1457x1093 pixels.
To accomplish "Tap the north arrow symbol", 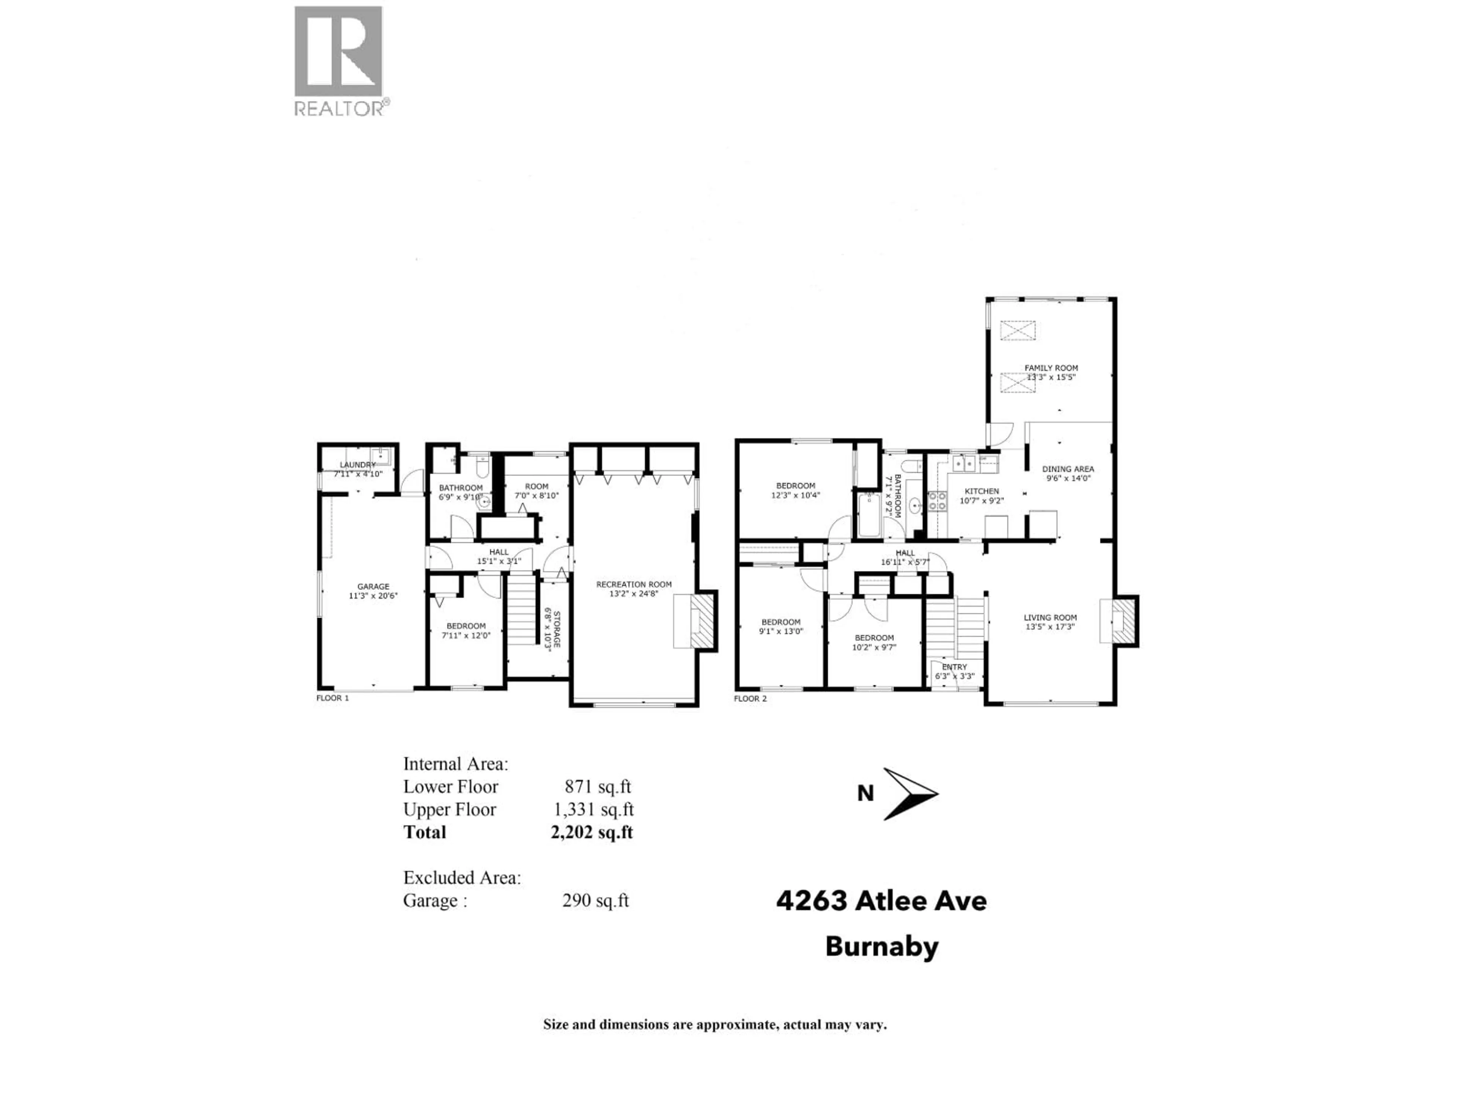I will [910, 794].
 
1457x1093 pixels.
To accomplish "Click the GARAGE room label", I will [373, 586].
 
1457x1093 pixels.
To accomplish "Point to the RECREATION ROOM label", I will [634, 584].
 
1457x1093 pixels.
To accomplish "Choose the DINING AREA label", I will [1068, 469].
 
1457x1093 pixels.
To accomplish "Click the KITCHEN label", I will [982, 491].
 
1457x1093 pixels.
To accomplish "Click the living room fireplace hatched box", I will [1124, 620].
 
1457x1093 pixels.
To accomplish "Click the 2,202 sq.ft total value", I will [592, 833].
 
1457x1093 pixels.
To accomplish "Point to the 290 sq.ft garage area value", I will [595, 901].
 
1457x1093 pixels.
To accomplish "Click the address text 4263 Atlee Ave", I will [881, 901].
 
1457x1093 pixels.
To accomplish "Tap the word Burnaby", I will [881, 947].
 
